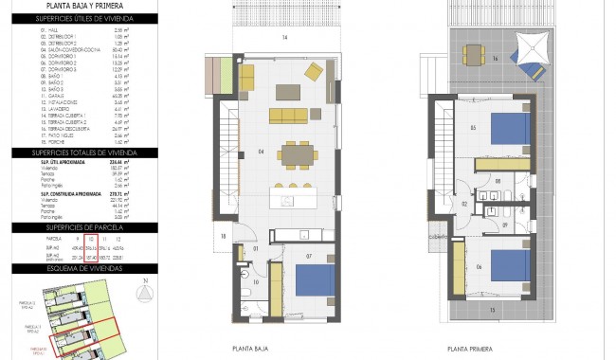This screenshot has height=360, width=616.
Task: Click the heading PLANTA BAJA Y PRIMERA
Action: pyautogui.click(x=85, y=5)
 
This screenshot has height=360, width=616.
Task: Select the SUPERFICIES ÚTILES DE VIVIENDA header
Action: pyautogui.click(x=85, y=19)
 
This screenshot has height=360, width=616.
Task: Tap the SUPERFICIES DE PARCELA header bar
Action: pyautogui.click(x=85, y=228)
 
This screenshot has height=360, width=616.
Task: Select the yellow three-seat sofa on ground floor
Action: pyautogui.click(x=289, y=115)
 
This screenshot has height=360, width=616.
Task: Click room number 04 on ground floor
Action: pyautogui.click(x=232, y=149)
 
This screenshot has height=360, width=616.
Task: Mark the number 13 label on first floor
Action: pyautogui.click(x=492, y=308)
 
